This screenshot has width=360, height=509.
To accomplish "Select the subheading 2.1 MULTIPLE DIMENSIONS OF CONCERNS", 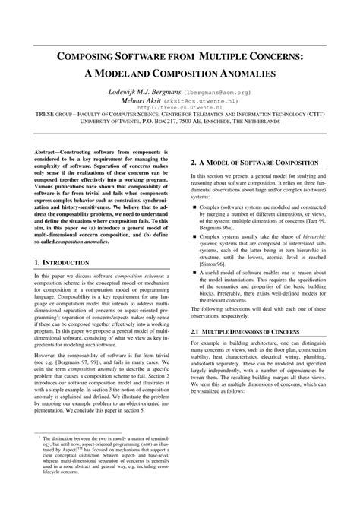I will click(251, 331).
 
